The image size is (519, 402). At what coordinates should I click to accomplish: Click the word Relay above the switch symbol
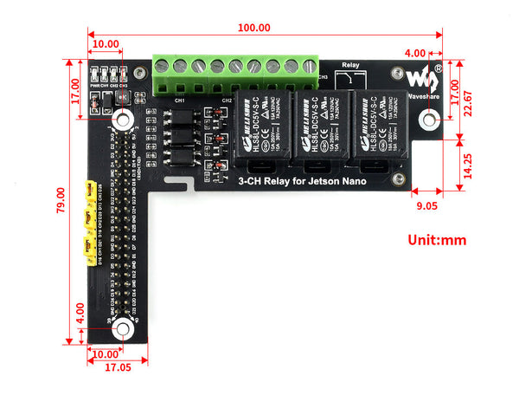click(x=350, y=64)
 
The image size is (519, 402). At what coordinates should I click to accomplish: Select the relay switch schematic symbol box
click(x=349, y=78)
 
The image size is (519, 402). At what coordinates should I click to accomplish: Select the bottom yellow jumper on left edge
click(x=87, y=250)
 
